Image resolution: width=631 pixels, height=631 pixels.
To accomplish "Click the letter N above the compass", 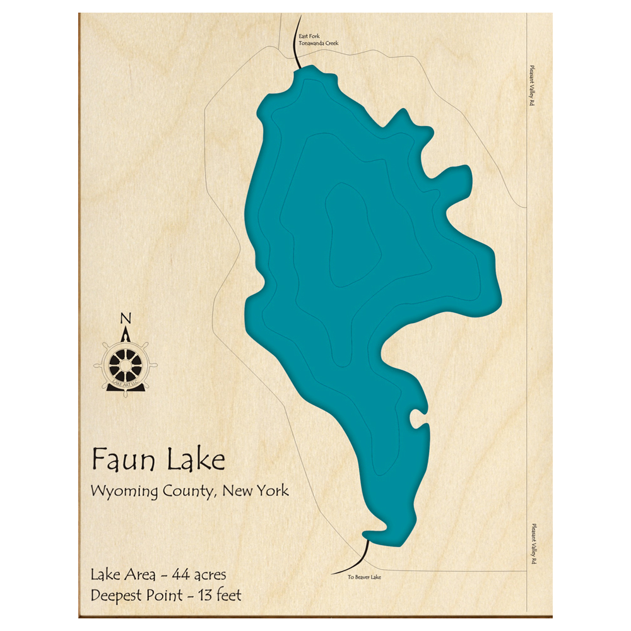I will [126, 317].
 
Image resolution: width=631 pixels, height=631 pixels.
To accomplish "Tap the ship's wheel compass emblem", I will [126, 364].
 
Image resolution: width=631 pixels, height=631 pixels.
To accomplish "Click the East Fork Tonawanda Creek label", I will [319, 40].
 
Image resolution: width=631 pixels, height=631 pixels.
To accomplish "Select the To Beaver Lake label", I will [364, 577].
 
